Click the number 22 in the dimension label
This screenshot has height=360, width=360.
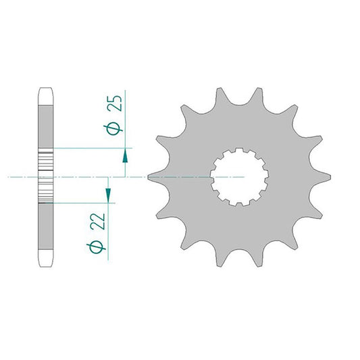[98, 222]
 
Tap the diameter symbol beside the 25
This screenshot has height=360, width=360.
[113, 129]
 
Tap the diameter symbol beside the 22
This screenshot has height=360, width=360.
[96, 247]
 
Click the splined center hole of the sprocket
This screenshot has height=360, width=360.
[239, 177]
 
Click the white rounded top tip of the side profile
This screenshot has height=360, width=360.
[45, 97]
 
